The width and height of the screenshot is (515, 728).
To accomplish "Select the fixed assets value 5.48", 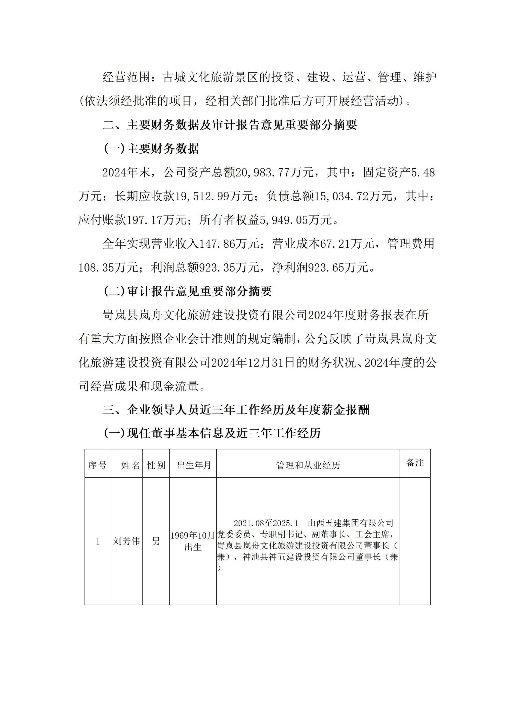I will click(423, 173).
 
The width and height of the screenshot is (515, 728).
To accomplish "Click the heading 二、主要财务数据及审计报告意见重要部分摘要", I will click(230, 125).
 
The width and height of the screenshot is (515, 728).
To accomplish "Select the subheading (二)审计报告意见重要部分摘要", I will click(188, 291).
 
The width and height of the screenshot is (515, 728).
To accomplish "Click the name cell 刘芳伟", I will click(126, 541).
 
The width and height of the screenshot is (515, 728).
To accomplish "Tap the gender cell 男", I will click(156, 541).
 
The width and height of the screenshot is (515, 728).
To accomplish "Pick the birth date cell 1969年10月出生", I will click(193, 541).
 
